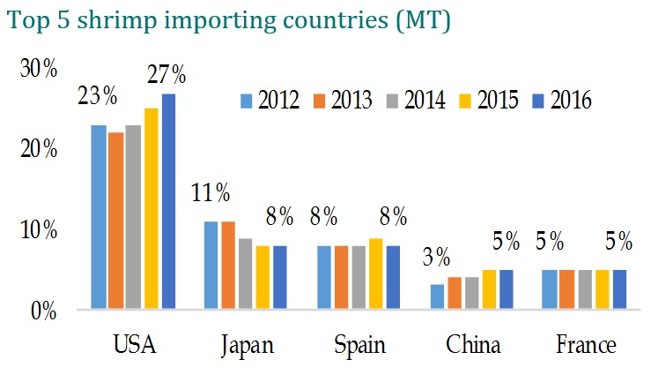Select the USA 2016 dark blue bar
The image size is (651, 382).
point(168,201)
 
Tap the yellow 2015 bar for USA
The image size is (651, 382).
point(152,208)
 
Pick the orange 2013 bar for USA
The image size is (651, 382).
point(116,221)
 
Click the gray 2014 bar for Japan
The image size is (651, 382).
point(246,273)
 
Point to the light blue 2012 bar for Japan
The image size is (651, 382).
point(211,265)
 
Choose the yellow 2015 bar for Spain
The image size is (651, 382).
point(376,273)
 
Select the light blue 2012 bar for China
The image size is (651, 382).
point(437,296)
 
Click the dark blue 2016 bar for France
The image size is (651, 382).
point(620,289)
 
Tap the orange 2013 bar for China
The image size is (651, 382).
point(455,293)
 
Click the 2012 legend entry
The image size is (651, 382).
point(270,101)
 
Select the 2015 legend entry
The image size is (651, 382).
point(489,101)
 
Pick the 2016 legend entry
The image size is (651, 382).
point(562,101)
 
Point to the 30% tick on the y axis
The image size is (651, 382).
point(39,68)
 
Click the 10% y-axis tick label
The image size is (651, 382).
point(39,229)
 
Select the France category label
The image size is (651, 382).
point(586,345)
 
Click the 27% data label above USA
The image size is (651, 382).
point(166,74)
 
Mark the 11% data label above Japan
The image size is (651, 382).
point(211,193)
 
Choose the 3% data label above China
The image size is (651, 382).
point(436,257)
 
